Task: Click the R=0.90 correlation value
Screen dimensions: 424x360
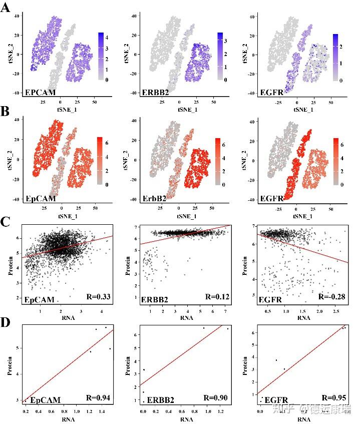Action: pos(216,397)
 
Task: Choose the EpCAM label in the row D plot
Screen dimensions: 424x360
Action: pos(46,400)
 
